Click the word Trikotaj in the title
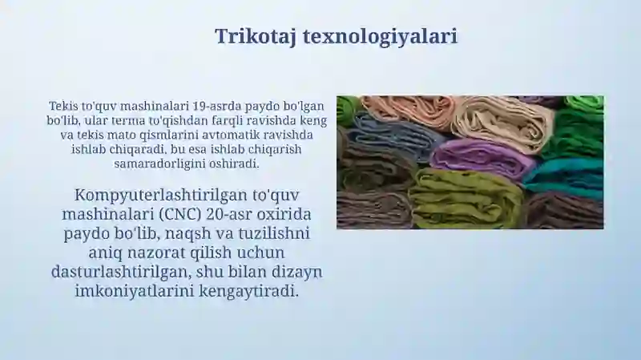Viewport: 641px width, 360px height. tap(256, 37)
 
